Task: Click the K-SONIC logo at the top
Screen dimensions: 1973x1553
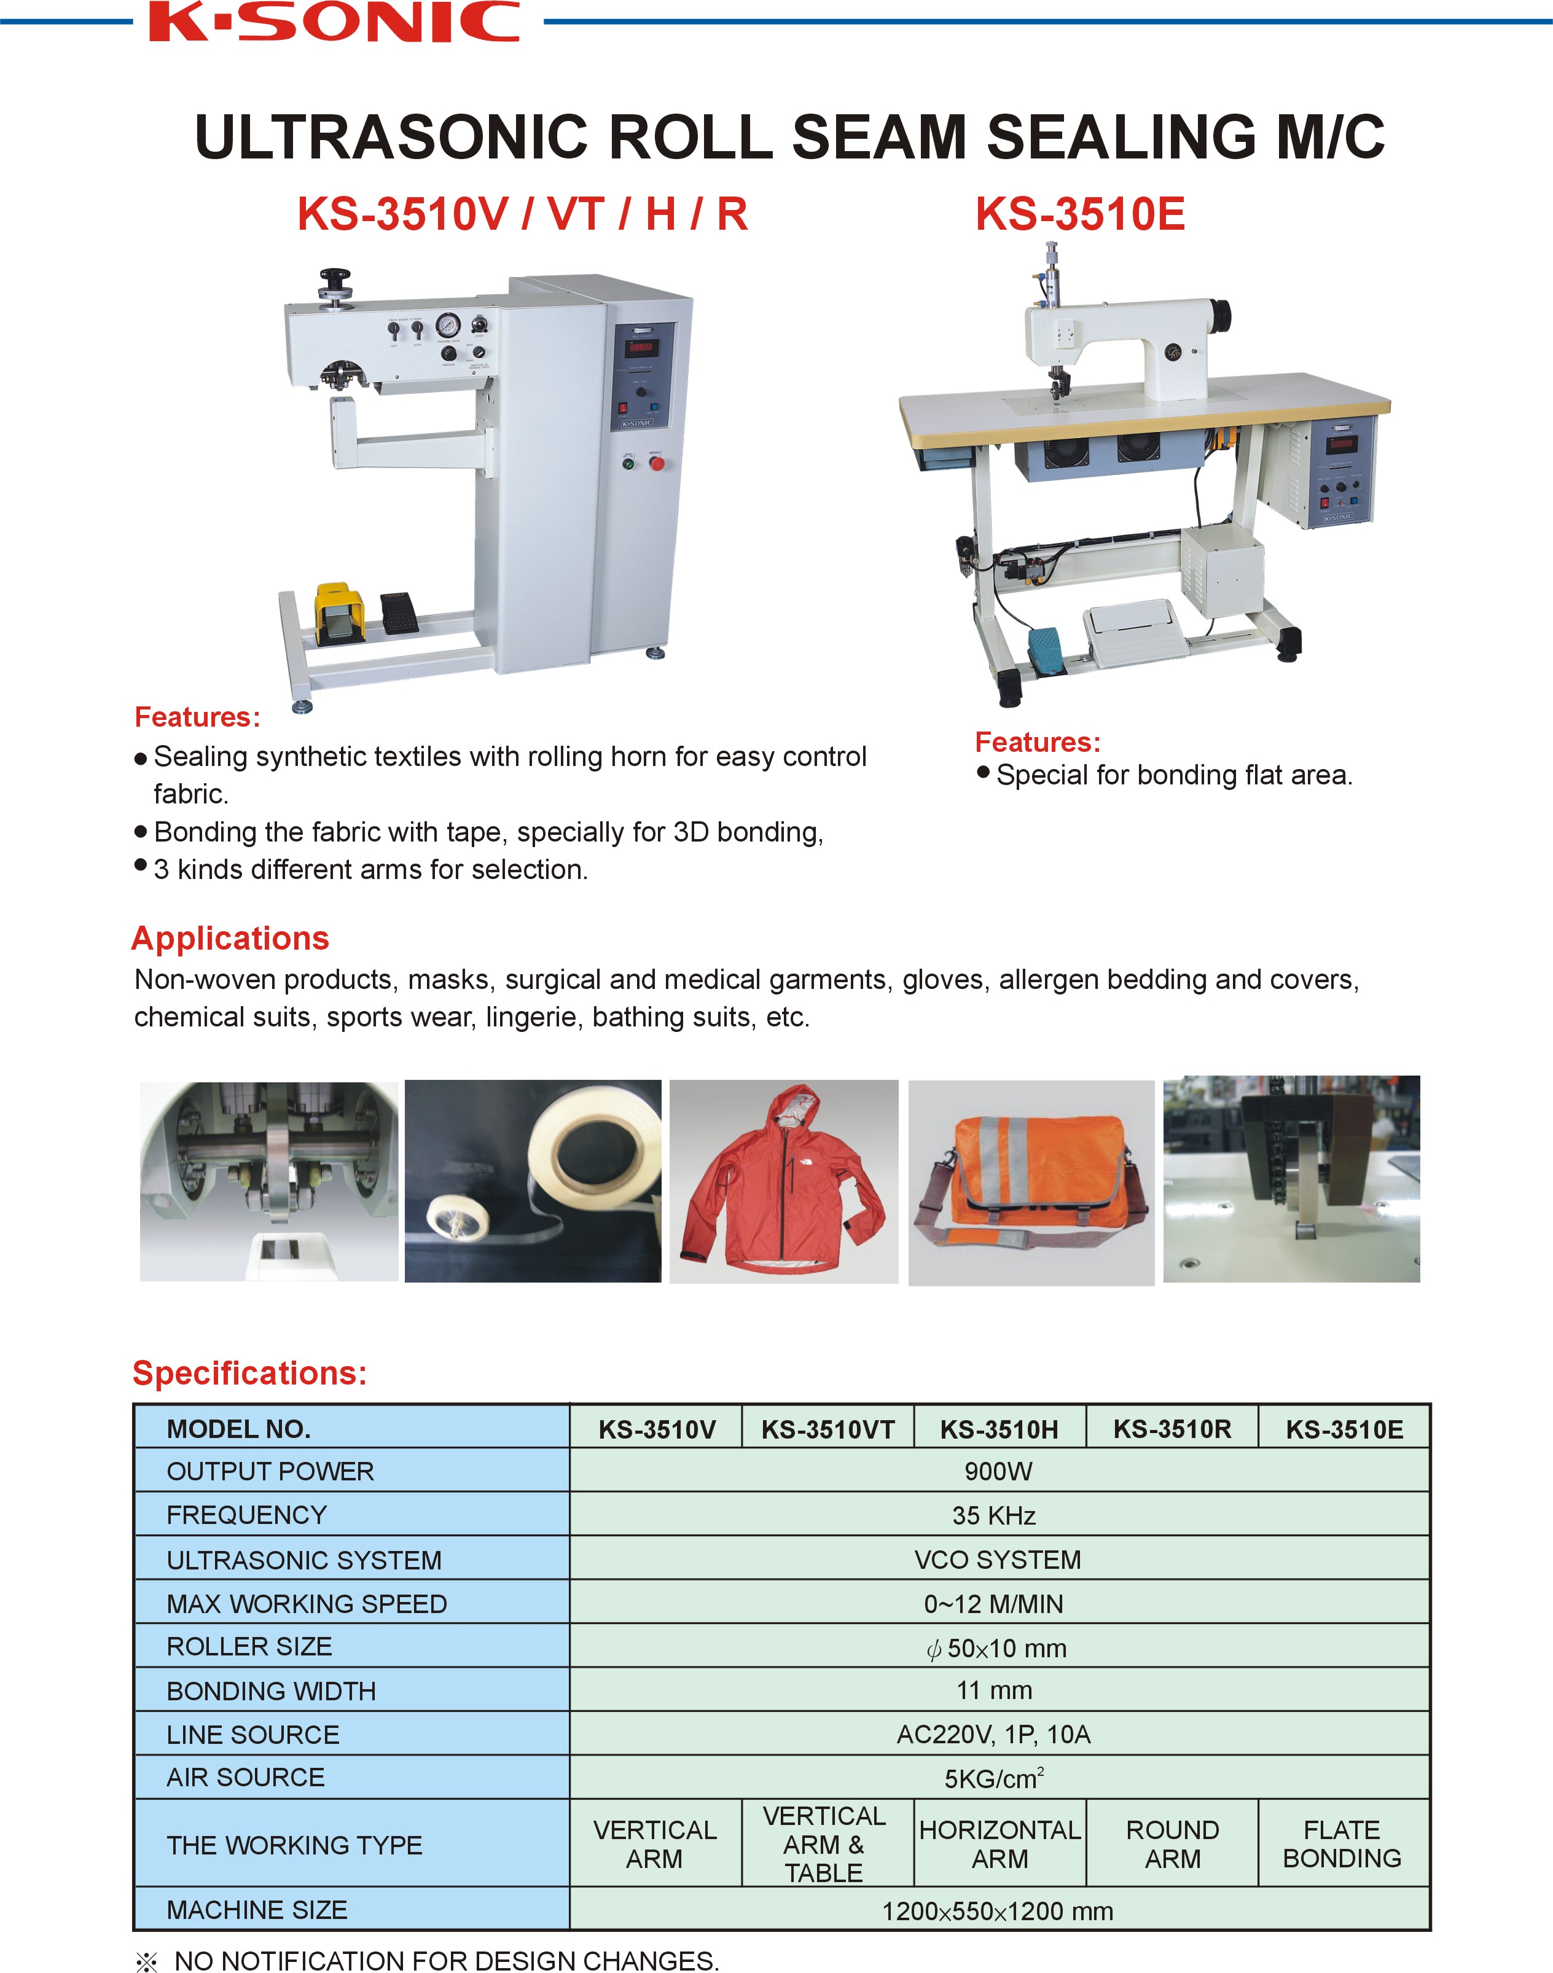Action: [335, 23]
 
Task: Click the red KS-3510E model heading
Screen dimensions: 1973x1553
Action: [1079, 214]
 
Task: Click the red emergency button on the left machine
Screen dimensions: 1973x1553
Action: [657, 464]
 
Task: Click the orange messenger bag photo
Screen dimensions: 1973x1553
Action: [1031, 1182]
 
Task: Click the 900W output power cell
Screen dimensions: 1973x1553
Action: [998, 1471]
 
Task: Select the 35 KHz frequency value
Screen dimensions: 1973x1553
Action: [994, 1515]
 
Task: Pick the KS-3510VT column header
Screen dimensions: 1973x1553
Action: [827, 1429]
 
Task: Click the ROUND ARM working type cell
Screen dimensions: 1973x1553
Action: [1172, 1844]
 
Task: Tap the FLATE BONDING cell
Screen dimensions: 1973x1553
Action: [1342, 1844]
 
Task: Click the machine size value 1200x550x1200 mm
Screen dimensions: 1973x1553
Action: [998, 1910]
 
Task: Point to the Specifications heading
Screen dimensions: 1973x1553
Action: [249, 1373]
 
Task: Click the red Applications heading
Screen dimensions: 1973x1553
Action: [230, 939]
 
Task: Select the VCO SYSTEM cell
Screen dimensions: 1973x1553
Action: [998, 1560]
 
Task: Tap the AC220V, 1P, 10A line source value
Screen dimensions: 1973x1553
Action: [994, 1735]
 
